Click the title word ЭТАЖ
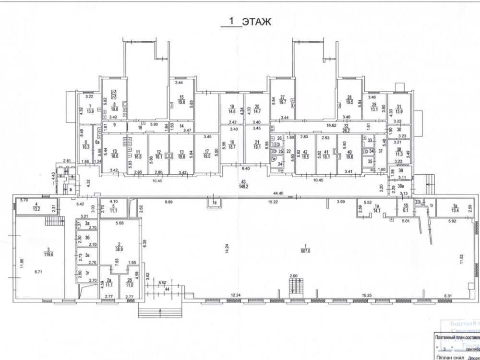[256, 22]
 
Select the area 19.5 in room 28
[349, 102]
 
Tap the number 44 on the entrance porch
[167, 289]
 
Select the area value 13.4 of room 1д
[456, 210]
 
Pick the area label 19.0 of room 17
[207, 156]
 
